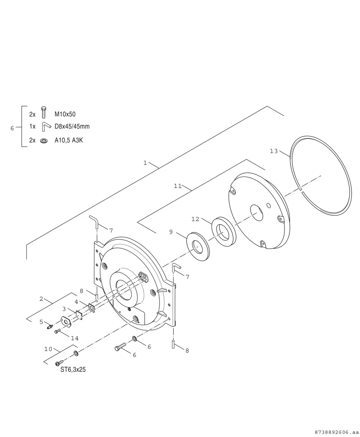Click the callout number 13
[274, 151]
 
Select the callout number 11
[178, 186]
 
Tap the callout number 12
[195, 219]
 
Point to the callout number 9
[171, 232]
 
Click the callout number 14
[75, 338]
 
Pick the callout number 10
[48, 349]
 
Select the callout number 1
[145, 163]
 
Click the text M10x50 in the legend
[65, 114]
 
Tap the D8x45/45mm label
[72, 126]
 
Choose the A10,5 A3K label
[69, 140]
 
